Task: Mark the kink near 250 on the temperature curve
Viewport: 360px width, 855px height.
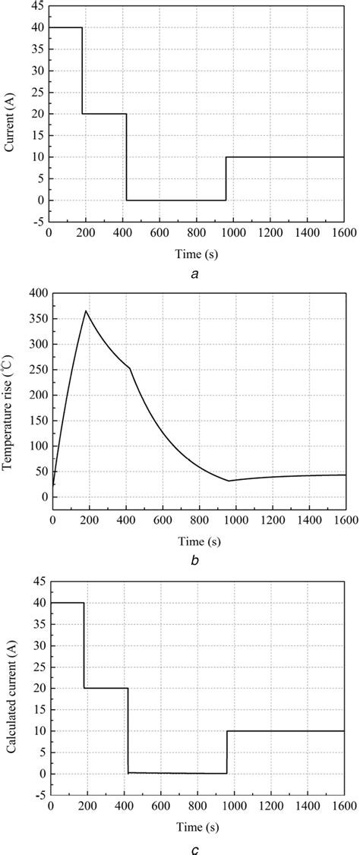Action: coord(130,368)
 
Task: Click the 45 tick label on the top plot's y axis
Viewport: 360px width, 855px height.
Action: coord(36,6)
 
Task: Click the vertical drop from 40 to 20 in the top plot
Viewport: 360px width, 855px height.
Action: coord(82,72)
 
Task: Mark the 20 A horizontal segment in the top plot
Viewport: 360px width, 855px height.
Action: coord(104,114)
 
